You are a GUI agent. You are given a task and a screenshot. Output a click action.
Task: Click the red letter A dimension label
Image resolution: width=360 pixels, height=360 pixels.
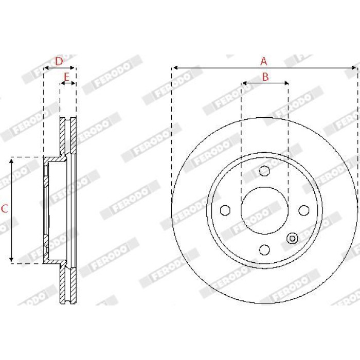tap(264, 61)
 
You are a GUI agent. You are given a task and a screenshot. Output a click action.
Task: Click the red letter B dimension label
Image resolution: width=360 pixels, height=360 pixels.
tap(265, 77)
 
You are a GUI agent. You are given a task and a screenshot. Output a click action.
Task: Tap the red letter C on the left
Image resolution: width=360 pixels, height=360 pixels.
tap(5, 209)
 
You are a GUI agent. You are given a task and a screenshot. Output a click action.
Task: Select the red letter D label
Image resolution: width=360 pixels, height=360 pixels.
tap(59, 61)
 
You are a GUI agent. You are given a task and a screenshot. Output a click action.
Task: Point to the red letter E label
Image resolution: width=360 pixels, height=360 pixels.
tap(66, 77)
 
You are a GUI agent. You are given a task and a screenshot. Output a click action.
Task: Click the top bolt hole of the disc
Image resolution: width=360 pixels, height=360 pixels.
tap(264, 171)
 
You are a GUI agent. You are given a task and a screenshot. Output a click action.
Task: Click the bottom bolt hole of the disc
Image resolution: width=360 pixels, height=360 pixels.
tap(264, 249)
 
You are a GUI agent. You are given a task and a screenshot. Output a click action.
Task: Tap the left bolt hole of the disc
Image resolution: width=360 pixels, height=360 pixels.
tap(225, 210)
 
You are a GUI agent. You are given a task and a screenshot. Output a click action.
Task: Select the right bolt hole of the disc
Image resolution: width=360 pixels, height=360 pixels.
tap(304, 210)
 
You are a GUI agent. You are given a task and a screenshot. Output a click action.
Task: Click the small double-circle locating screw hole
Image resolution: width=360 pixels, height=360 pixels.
tap(292, 238)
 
